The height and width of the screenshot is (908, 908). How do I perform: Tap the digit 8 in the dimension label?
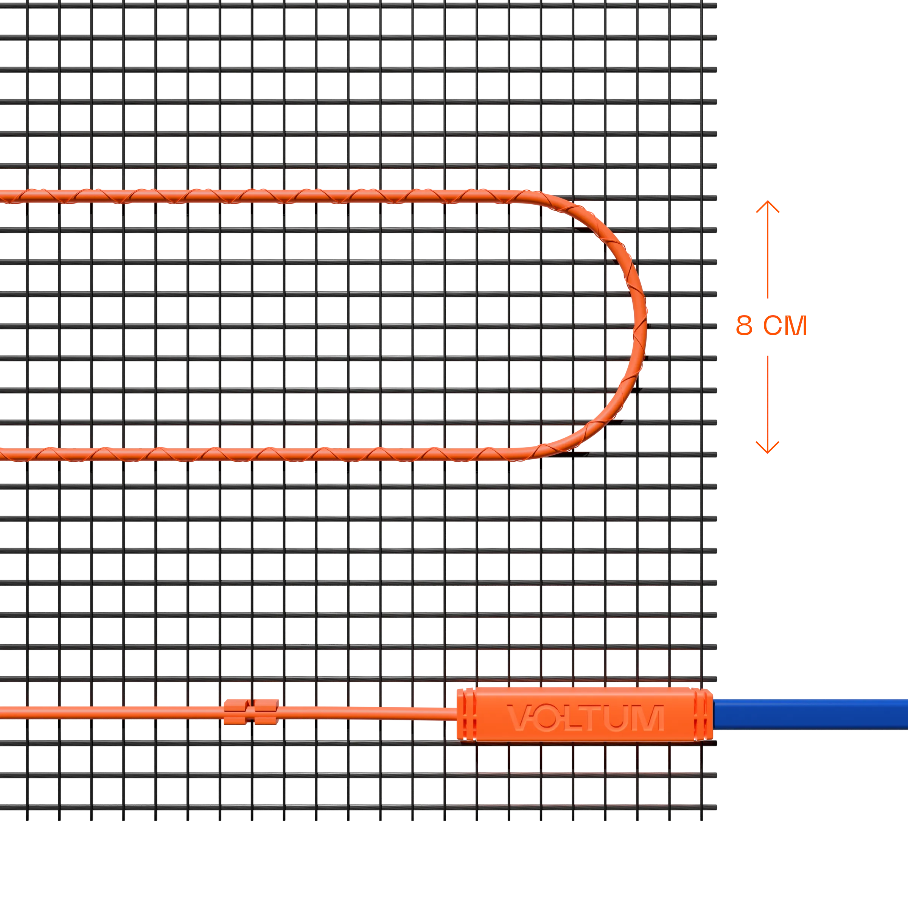tap(743, 326)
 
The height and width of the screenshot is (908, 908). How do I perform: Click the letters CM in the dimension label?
tap(782, 326)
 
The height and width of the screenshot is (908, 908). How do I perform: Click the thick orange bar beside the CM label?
tap(855, 325)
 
